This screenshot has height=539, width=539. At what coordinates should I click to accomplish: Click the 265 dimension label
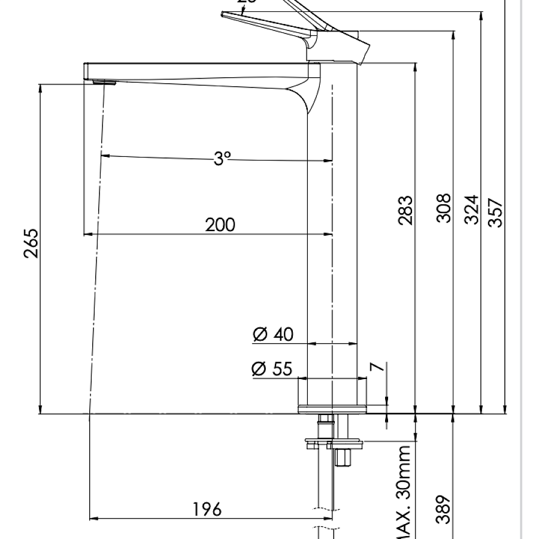point(31,243)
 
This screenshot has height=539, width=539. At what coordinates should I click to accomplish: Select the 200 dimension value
point(220,225)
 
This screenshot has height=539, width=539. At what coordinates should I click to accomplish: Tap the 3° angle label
point(222,158)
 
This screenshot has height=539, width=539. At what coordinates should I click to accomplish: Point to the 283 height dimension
point(405,210)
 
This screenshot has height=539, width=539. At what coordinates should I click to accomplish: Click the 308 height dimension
point(443,208)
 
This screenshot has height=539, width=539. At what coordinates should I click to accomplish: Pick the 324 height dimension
point(473,209)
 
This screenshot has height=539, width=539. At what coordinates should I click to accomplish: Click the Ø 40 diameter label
point(274,334)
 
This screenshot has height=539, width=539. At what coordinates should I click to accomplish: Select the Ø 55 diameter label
point(272,369)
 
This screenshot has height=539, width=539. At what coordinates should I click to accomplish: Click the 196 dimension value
point(207,509)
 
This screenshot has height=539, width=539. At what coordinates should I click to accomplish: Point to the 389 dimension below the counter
point(443,509)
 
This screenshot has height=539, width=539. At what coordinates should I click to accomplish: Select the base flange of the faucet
point(332,408)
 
